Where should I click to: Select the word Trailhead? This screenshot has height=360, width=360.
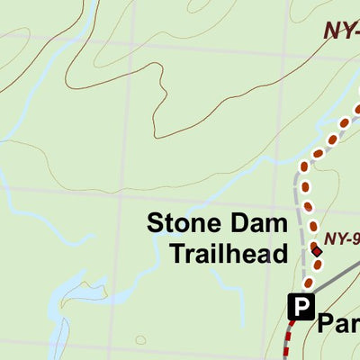tap(229, 254)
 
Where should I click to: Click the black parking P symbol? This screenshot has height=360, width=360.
tap(301, 308)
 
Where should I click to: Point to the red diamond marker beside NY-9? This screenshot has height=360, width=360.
tap(316, 249)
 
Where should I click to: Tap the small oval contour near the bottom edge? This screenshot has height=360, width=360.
tap(141, 339)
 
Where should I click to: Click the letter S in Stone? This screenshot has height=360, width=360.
tap(155, 224)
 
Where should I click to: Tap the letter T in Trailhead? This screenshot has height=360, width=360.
tap(177, 254)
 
